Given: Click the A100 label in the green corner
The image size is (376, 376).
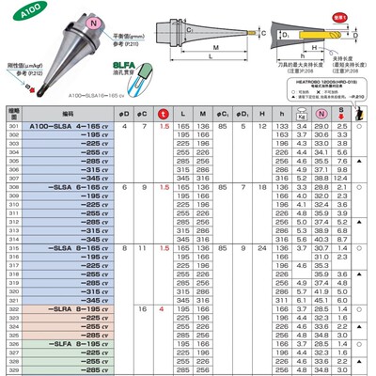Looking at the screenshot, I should point(16,10).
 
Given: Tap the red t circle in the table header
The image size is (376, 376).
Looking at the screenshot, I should point(164,113).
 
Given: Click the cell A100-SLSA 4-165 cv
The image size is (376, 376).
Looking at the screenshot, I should point(70,125).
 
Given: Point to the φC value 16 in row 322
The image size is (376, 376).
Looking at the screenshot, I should point(143,308).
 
